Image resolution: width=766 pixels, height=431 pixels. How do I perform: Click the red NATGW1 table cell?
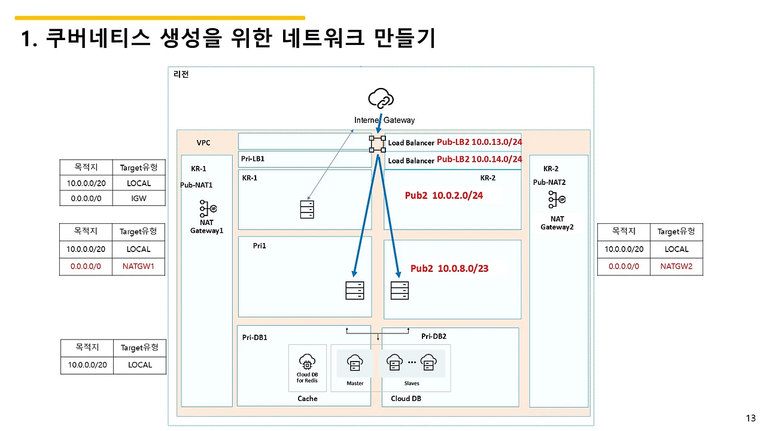(138, 266)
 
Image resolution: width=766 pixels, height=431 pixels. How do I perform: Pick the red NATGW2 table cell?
(676, 266)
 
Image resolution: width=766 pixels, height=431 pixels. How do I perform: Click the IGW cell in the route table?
(138, 198)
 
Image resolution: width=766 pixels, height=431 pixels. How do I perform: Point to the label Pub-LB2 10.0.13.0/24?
(479, 142)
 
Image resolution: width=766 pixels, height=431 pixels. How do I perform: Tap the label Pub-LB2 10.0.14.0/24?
(479, 159)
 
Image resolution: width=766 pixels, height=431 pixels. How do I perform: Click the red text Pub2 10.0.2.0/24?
(443, 196)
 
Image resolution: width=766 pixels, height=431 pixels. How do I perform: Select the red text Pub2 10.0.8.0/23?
(449, 268)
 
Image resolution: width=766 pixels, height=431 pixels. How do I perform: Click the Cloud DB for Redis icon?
(307, 362)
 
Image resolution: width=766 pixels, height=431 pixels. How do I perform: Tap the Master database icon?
(355, 363)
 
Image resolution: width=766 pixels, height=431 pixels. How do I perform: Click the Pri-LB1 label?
(253, 159)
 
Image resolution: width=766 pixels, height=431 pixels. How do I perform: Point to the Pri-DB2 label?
(433, 336)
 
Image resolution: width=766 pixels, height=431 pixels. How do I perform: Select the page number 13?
(751, 418)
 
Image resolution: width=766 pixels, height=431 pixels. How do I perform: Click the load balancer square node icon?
(378, 144)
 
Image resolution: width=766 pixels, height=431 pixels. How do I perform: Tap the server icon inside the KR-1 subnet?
(307, 210)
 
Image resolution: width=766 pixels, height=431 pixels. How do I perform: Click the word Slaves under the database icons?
(412, 383)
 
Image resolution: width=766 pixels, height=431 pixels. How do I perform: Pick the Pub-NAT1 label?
(197, 185)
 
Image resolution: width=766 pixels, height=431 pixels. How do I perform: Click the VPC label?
(203, 143)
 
